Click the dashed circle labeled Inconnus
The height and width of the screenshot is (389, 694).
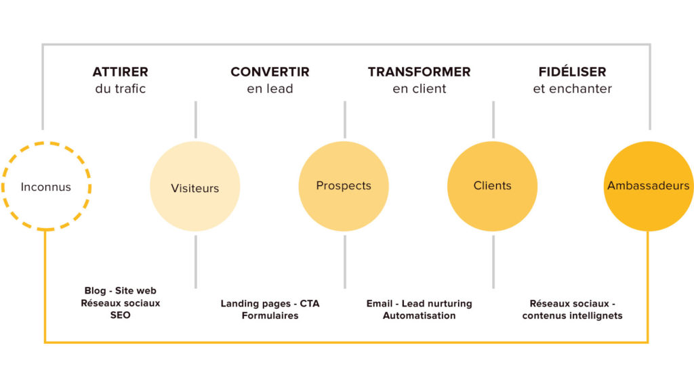tap(46, 143)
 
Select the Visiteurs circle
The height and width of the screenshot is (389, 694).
tap(195, 186)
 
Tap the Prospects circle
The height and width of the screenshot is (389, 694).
tap(344, 186)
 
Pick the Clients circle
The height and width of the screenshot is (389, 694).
tap(492, 186)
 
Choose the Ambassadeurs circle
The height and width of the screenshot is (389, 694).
tap(649, 186)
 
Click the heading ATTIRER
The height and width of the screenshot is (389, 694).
tap(121, 72)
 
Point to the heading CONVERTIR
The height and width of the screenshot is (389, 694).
tap(270, 72)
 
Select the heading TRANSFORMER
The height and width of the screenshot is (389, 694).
tap(419, 72)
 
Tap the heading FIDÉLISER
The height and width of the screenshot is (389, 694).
tap(572, 71)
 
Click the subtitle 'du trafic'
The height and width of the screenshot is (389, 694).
tap(121, 89)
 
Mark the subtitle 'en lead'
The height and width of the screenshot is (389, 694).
tap(270, 89)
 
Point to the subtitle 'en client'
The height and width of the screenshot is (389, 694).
tap(419, 89)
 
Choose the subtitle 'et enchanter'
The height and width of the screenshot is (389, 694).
tap(572, 89)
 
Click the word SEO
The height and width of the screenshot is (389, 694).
tap(121, 315)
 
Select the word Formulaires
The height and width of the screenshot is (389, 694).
tap(270, 316)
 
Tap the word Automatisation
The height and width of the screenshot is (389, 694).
tap(419, 316)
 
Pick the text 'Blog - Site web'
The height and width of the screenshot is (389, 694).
tap(121, 290)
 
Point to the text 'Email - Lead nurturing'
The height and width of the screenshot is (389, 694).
tap(419, 304)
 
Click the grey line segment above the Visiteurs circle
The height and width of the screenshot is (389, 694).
tap(196, 120)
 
